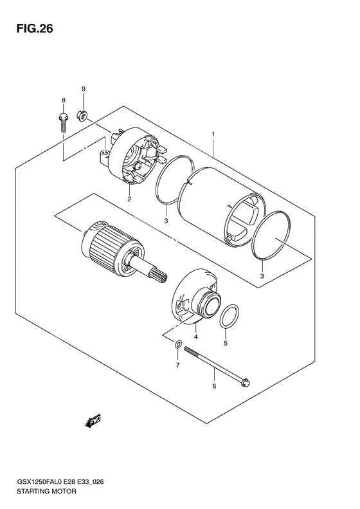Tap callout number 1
(213, 134)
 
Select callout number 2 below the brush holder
(129, 199)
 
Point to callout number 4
(195, 337)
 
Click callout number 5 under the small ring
(226, 344)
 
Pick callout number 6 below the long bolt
(214, 386)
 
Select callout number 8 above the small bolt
(64, 100)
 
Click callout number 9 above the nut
(83, 88)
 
